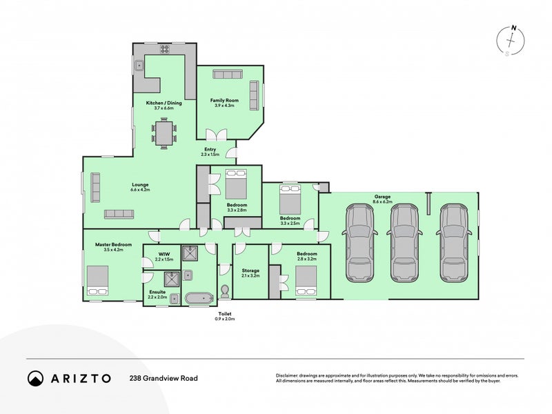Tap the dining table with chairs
pyautogui.click(x=164, y=133)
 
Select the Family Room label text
pyautogui.click(x=223, y=101)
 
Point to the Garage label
pyautogui.click(x=382, y=196)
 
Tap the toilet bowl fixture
pyautogui.click(x=225, y=290)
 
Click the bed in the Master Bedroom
pyautogui.click(x=97, y=282)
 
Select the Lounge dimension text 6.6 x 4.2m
pyautogui.click(x=140, y=189)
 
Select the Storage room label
pyautogui.click(x=250, y=270)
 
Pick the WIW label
pyautogui.click(x=164, y=254)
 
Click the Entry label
pyautogui.click(x=209, y=149)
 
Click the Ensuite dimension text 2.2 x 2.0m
pyautogui.click(x=157, y=297)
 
